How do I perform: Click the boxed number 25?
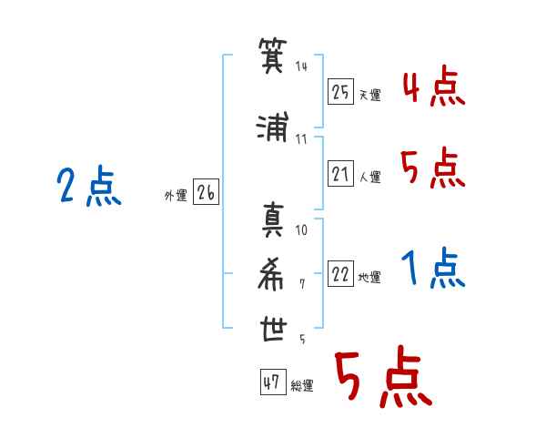341,92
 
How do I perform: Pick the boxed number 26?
206,193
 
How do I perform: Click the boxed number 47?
271,383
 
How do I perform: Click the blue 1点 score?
434,270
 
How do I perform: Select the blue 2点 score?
88,189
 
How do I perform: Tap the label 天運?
370,95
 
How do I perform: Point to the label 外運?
175,195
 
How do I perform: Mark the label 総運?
302,386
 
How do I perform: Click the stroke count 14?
301,66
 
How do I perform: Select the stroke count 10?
301,229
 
